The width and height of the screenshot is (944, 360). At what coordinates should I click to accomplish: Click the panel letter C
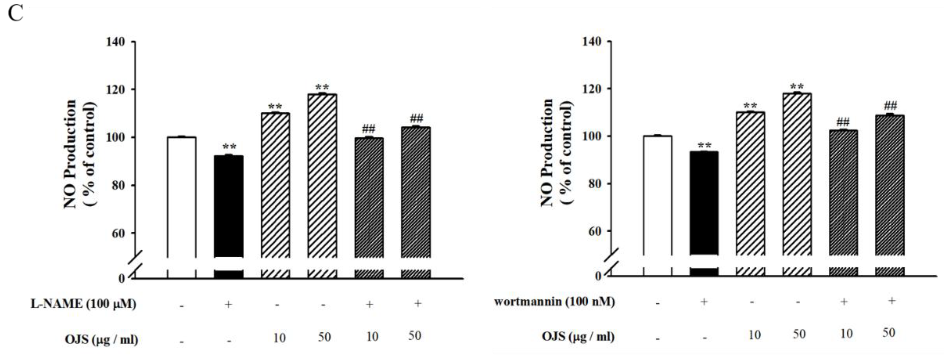[15, 14]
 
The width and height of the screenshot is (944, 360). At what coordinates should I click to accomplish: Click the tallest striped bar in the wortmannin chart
[797, 174]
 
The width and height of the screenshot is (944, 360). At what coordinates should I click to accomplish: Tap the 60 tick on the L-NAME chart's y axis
[118, 233]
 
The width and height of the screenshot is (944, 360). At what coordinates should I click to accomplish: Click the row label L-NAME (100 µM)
[83, 304]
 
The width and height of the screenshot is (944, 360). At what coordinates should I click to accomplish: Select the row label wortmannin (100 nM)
[554, 302]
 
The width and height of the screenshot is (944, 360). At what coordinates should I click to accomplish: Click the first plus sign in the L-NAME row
[228, 304]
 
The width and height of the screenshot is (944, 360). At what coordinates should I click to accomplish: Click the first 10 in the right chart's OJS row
[754, 335]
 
